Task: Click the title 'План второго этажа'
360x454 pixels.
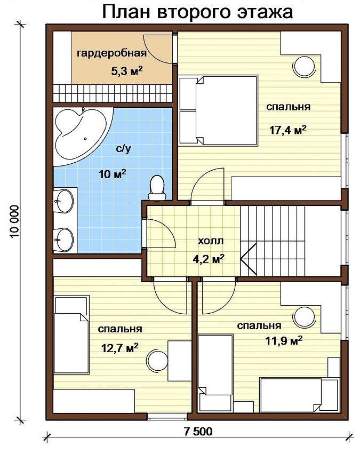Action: (x=197, y=12)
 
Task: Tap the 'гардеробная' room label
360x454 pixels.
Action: (x=111, y=53)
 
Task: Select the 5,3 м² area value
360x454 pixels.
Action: (x=127, y=70)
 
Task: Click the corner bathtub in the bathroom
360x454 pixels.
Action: (x=83, y=136)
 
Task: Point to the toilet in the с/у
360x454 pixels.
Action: (x=157, y=188)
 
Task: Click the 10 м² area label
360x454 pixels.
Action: (x=113, y=174)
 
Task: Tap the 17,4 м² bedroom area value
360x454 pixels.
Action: (x=287, y=130)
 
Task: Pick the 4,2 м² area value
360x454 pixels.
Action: (x=209, y=259)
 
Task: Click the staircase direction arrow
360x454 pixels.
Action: (x=249, y=259)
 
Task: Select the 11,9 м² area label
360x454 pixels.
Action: (x=284, y=340)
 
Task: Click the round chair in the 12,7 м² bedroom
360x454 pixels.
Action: (x=157, y=361)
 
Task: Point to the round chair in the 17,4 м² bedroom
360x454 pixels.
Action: (x=304, y=66)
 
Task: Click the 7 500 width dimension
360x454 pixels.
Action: (x=198, y=432)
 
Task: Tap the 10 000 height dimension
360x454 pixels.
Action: (x=14, y=222)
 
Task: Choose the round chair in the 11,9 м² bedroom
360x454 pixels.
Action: (x=304, y=317)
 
